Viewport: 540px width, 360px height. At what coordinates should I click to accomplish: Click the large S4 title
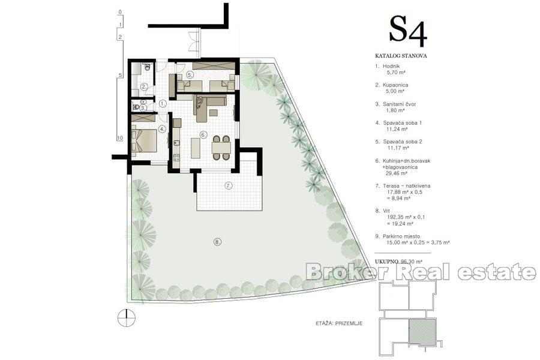pyautogui.click(x=408, y=30)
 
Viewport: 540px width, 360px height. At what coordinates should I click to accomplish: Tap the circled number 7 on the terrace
pyautogui.click(x=228, y=185)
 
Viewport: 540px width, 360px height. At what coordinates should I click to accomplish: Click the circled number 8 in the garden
pyautogui.click(x=217, y=242)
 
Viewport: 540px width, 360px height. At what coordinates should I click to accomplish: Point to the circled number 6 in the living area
pyautogui.click(x=203, y=134)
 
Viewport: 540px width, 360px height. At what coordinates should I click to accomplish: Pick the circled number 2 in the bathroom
pyautogui.click(x=144, y=86)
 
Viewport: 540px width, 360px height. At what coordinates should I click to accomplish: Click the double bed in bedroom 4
pyautogui.click(x=145, y=140)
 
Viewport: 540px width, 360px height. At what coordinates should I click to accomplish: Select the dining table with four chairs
pyautogui.click(x=220, y=147)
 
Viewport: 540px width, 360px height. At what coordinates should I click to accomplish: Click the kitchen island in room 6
pyautogui.click(x=195, y=147)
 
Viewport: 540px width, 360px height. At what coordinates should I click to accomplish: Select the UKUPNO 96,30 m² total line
pyautogui.click(x=398, y=262)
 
